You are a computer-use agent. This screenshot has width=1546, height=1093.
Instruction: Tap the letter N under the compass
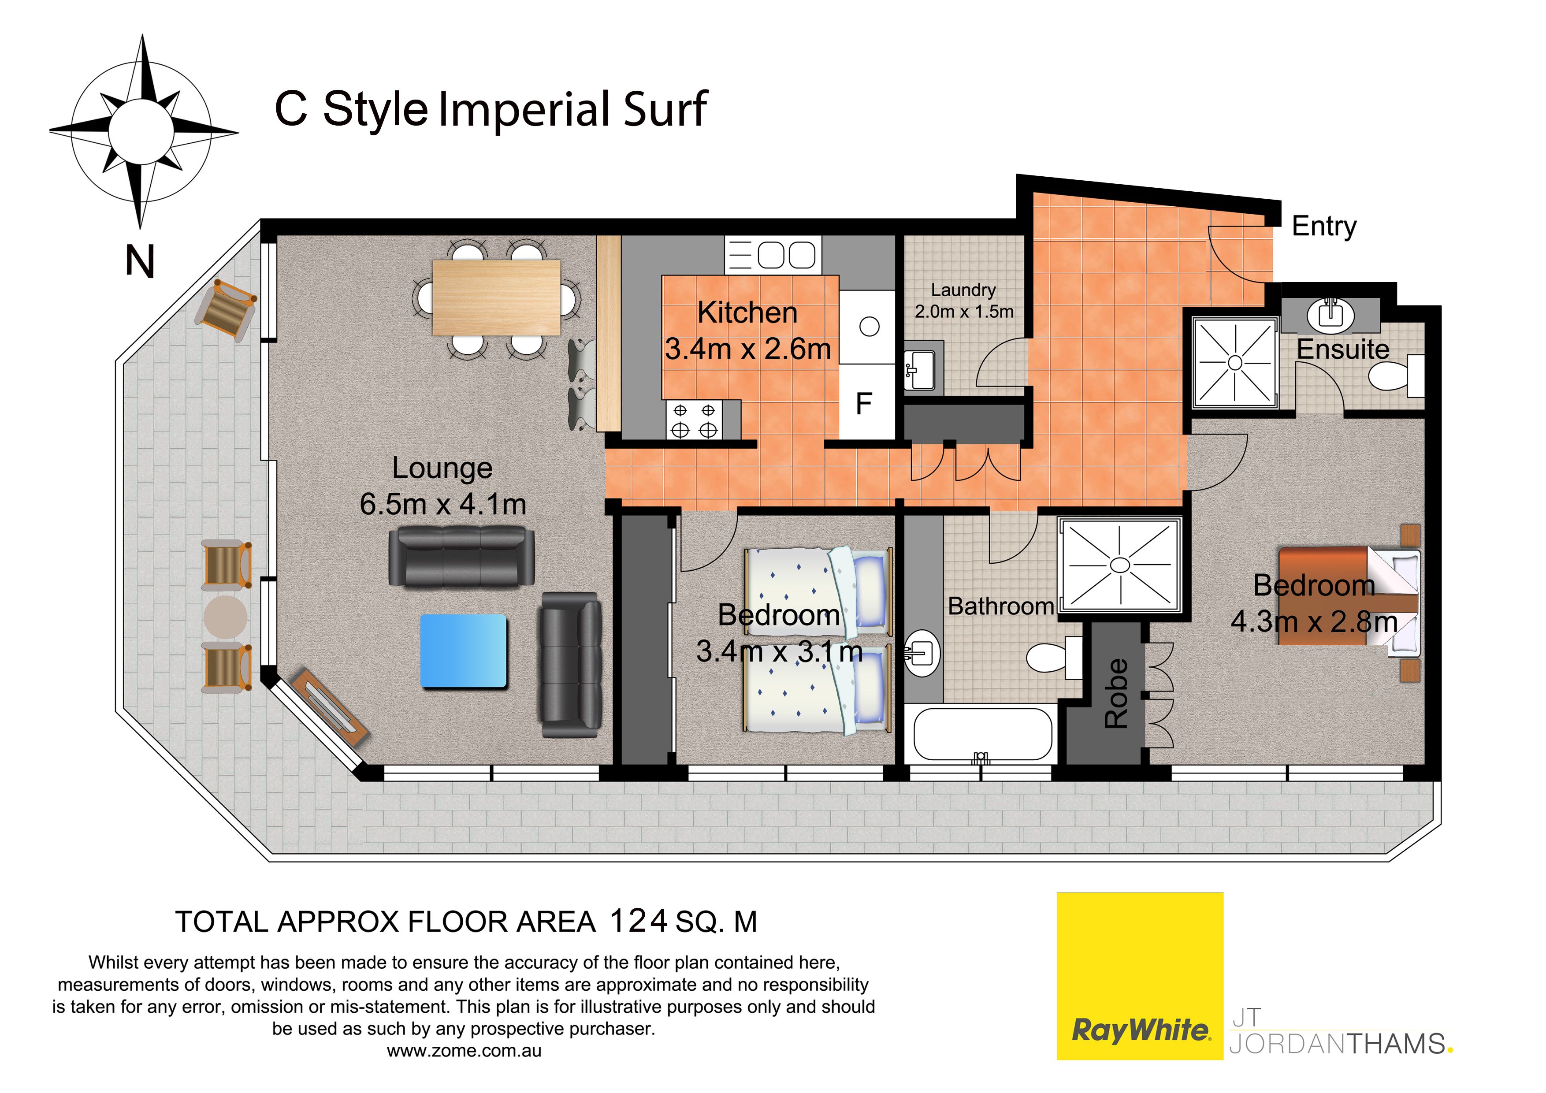(140, 261)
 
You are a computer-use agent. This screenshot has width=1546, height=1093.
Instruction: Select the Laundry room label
(963, 290)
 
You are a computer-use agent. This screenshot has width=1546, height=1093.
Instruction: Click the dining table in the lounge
(496, 297)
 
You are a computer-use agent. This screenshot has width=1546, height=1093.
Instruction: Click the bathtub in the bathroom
(982, 734)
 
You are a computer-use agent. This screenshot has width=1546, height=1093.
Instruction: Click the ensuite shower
(1235, 363)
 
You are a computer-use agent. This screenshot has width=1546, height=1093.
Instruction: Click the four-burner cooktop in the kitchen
(694, 420)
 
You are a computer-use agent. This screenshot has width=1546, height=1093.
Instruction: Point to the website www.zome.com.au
(464, 1051)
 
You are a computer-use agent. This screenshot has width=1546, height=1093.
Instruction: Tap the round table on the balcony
(226, 617)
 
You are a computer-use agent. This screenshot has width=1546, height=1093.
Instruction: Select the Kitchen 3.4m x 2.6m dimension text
(747, 331)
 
